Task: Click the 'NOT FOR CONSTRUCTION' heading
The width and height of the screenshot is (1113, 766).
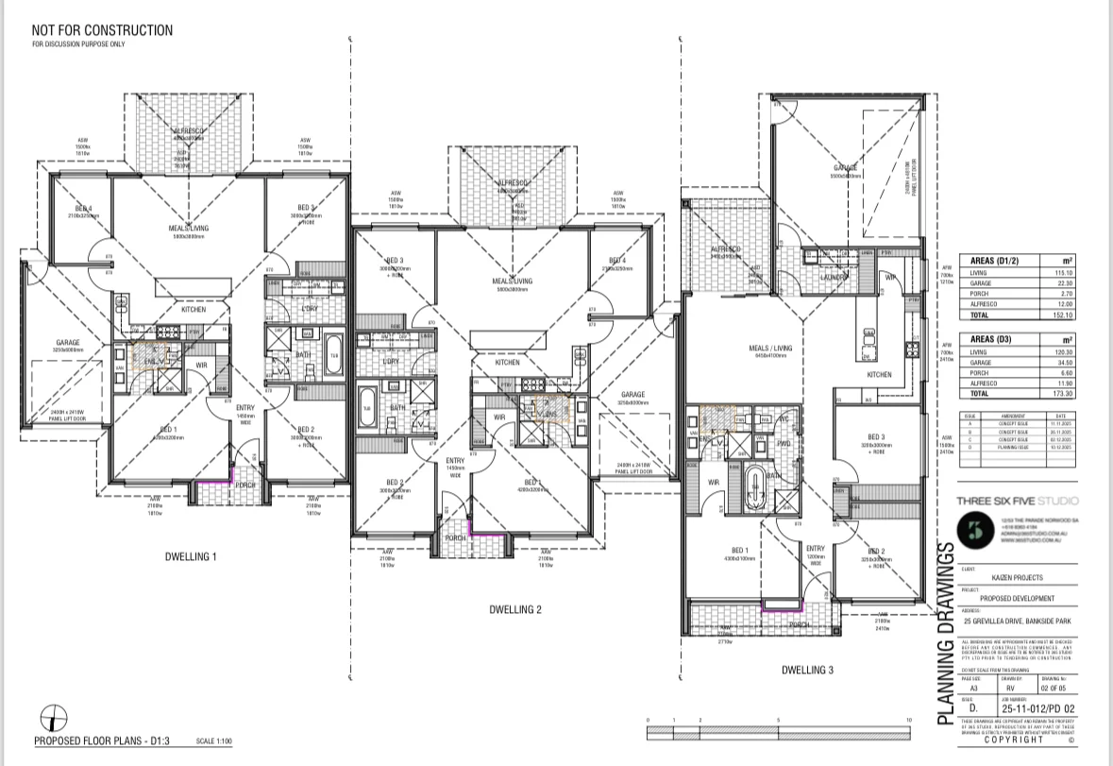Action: click(102, 30)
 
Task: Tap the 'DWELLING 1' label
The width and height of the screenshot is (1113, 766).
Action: click(189, 557)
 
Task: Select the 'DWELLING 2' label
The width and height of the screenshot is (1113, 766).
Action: click(514, 609)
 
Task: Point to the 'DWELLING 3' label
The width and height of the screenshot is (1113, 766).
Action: click(807, 671)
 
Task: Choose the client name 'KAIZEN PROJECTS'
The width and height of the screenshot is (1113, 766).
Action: click(998, 579)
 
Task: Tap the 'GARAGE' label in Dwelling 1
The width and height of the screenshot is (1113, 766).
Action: click(67, 343)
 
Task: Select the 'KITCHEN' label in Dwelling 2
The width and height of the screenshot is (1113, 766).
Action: click(507, 363)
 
